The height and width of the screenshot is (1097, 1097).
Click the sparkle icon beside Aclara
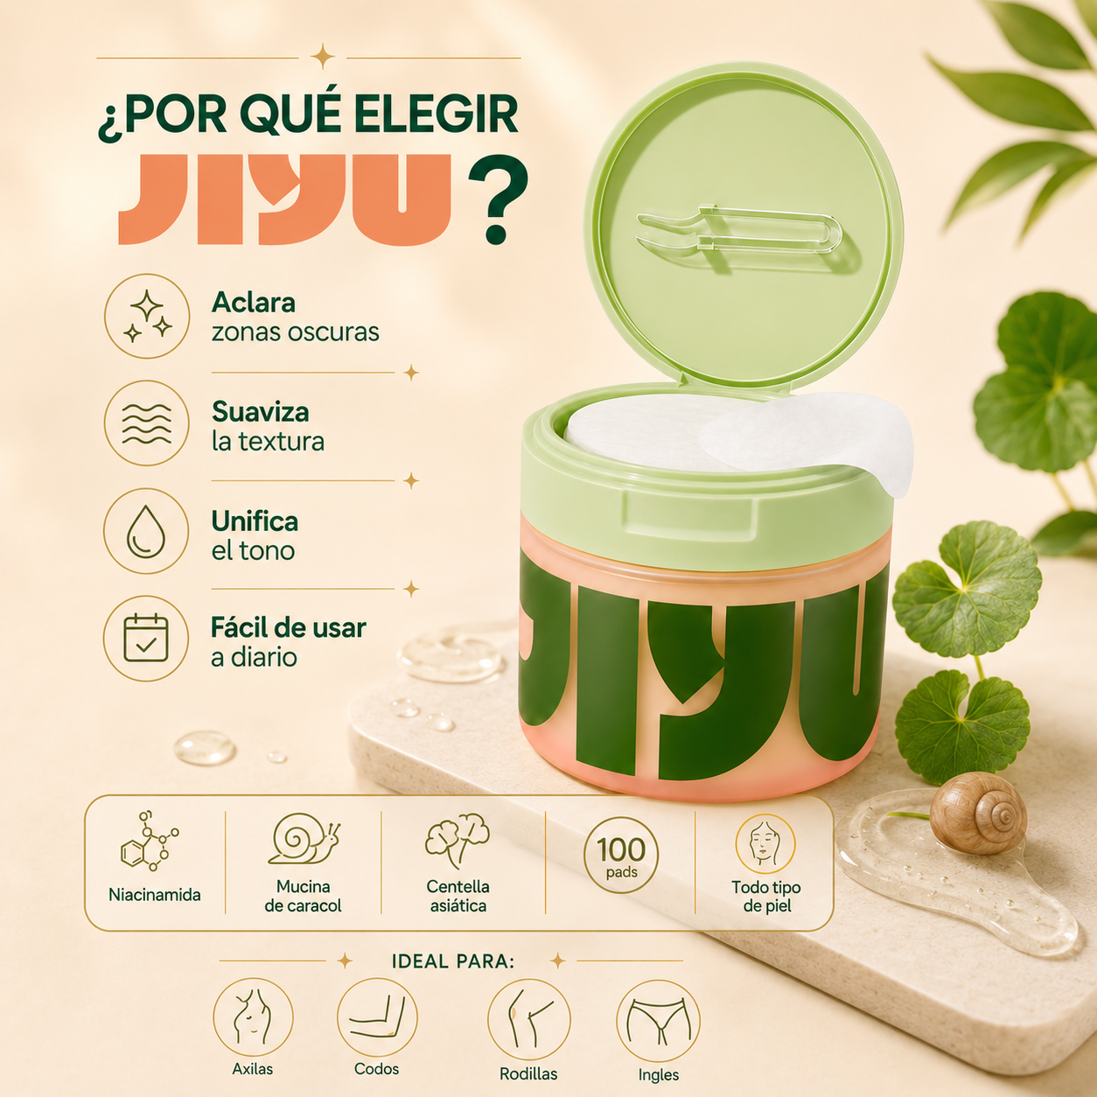tap(147, 316)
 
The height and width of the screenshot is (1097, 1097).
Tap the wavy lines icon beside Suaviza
tap(147, 423)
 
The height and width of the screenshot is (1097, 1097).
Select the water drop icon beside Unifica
tap(146, 531)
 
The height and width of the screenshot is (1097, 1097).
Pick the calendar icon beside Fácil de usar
tap(146, 638)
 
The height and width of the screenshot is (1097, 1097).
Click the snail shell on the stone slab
tap(978, 813)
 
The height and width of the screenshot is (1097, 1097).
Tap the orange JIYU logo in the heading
tap(284, 199)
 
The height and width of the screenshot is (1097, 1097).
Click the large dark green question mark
tap(497, 199)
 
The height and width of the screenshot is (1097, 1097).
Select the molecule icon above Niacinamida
tap(149, 842)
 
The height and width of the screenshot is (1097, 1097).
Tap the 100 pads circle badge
tap(621, 855)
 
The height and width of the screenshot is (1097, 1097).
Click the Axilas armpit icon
tap(253, 1017)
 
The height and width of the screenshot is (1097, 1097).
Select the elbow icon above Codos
tap(377, 1017)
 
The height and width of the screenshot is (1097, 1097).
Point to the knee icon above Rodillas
tap(529, 1018)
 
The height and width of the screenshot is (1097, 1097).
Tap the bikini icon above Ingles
tap(658, 1020)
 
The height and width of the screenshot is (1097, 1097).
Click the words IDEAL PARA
tap(452, 961)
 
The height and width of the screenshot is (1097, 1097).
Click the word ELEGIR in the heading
tap(436, 115)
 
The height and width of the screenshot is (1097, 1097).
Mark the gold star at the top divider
tap(323, 56)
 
